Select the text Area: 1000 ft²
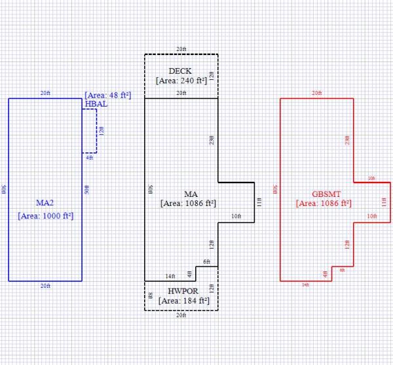click(45, 215)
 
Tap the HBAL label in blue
click(96, 103)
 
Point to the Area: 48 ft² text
click(108, 96)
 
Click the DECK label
click(181, 71)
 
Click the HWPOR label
click(181, 290)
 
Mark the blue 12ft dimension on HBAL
click(101, 131)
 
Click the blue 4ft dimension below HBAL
click(90, 157)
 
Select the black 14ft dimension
click(170, 277)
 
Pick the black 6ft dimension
click(206, 262)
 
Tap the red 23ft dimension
click(347, 140)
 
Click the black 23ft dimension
click(212, 139)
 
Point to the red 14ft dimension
click(305, 285)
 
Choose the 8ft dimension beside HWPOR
click(150, 296)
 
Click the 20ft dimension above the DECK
click(181, 50)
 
